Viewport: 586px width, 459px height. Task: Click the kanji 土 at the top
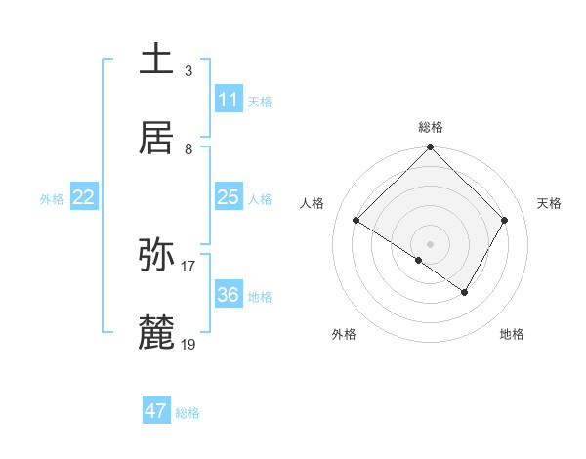pos(156,60)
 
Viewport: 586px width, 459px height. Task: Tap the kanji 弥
pos(156,255)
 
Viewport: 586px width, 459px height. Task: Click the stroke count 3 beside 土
pos(188,70)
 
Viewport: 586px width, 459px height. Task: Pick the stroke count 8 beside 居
pos(188,148)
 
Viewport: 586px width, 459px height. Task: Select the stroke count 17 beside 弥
pos(188,266)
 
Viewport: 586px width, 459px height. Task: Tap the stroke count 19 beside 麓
pos(188,344)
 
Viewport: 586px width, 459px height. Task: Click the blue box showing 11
pos(228,100)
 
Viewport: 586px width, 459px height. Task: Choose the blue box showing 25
pos(228,197)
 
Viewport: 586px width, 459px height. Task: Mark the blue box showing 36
pos(228,295)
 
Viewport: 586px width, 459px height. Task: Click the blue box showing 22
pos(84,197)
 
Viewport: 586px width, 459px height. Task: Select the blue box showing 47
pos(156,411)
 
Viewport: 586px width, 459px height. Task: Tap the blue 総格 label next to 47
pos(188,413)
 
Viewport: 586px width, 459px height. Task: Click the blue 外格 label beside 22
pos(52,199)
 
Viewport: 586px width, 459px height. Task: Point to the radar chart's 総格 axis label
pos(430,127)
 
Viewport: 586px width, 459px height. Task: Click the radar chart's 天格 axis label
pos(550,203)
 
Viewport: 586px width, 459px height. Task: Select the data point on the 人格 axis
pos(356,220)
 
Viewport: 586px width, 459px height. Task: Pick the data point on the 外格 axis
pos(419,260)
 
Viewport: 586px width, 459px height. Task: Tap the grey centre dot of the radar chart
pos(430,243)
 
